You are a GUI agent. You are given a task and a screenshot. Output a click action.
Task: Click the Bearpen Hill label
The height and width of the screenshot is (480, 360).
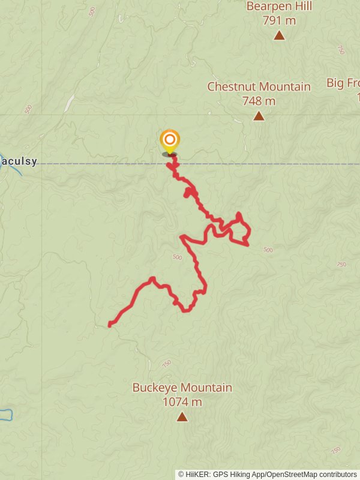click(x=279, y=7)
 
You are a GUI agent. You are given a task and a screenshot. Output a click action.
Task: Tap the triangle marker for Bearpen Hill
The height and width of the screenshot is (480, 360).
click(x=279, y=35)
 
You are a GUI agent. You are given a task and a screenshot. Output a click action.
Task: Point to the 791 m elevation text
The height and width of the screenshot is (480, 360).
click(x=279, y=20)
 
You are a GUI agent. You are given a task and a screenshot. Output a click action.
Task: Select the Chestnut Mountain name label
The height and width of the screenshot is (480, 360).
click(x=259, y=86)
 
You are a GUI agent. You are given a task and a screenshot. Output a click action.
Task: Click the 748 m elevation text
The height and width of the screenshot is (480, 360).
click(x=259, y=101)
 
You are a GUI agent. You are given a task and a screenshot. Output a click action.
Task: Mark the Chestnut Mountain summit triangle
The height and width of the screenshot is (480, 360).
click(x=259, y=116)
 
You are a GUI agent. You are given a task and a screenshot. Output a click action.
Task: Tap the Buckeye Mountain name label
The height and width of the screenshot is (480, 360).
click(x=182, y=388)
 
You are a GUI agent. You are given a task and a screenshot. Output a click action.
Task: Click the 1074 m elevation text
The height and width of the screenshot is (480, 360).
click(x=182, y=402)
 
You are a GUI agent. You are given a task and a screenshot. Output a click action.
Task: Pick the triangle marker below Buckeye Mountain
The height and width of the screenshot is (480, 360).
click(x=182, y=416)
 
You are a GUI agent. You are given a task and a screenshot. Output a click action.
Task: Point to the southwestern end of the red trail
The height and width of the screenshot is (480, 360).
click(x=110, y=325)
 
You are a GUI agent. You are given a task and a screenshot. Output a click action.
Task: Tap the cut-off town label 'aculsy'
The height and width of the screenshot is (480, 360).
click(x=19, y=161)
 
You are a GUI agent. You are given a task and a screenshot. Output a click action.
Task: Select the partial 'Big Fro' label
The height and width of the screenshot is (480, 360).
click(x=343, y=83)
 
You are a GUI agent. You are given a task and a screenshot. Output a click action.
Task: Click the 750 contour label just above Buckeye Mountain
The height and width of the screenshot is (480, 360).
click(x=166, y=364)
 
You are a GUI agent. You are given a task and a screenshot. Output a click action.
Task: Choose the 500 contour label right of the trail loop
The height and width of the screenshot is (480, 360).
click(x=268, y=250)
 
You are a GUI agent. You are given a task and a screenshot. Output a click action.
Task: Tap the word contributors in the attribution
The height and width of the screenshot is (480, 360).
click(x=337, y=474)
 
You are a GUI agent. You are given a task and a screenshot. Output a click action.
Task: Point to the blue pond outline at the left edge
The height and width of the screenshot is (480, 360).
click(x=5, y=414)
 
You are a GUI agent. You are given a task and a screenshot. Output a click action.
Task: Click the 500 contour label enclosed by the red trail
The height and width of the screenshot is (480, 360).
click(x=176, y=257)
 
